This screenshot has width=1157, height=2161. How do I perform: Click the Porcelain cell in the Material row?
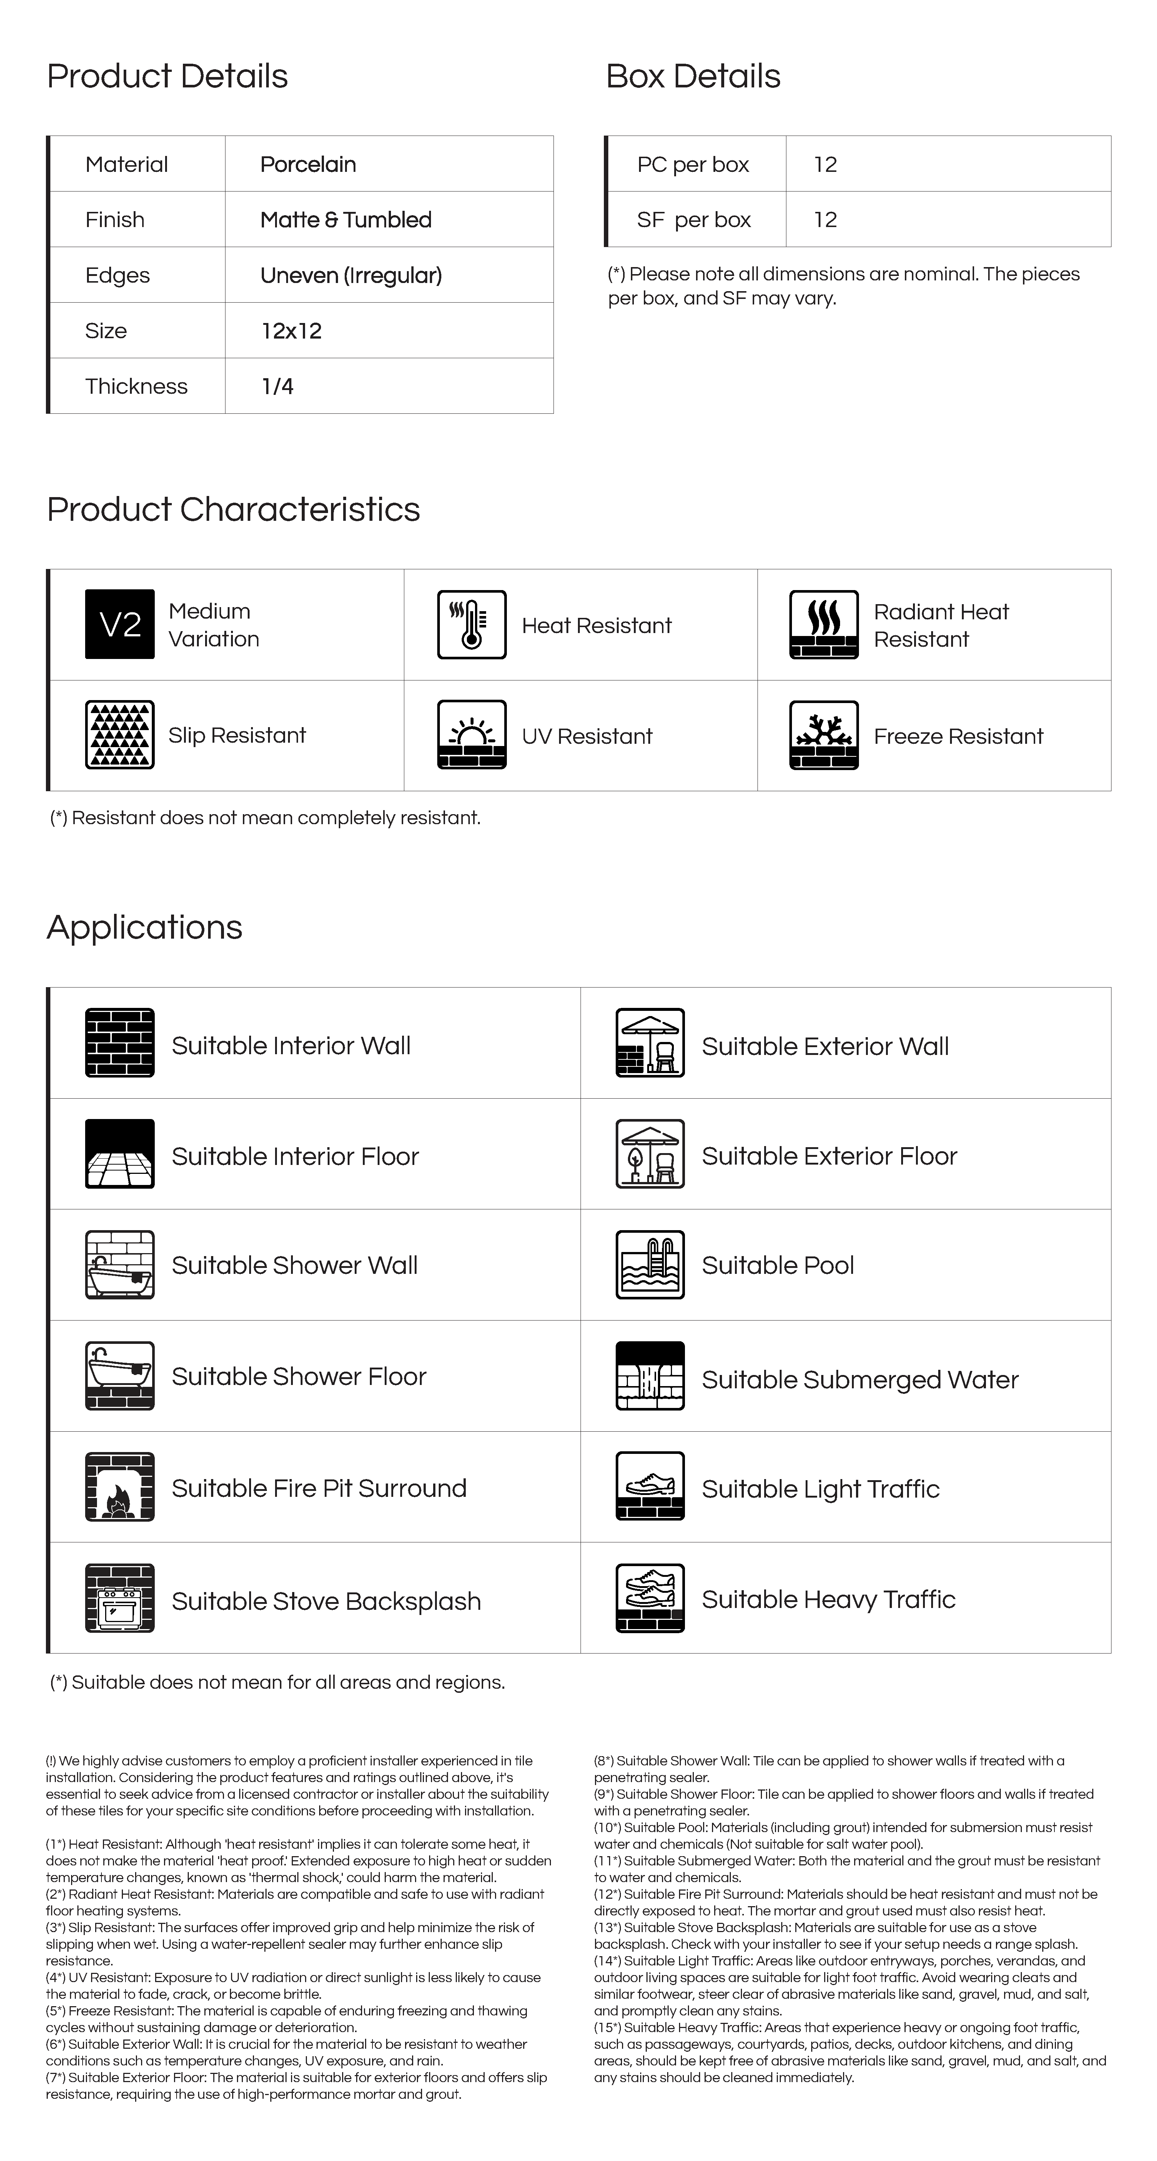(x=308, y=164)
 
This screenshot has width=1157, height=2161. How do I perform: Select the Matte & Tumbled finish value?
(x=345, y=220)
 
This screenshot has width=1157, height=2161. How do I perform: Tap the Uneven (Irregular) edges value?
(x=351, y=275)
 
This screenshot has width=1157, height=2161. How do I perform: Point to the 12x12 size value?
(x=291, y=330)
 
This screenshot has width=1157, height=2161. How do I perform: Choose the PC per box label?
(x=692, y=164)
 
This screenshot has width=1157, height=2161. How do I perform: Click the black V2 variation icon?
(x=120, y=624)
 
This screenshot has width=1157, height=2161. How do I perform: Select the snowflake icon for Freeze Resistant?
(x=823, y=735)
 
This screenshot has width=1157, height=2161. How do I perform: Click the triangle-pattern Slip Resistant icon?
(x=120, y=735)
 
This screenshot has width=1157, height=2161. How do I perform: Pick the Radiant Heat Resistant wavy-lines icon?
(x=823, y=624)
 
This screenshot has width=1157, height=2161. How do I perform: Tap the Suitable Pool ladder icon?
(x=650, y=1264)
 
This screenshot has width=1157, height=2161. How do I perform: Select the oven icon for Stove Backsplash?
(x=120, y=1598)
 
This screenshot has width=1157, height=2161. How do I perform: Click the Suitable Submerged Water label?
(x=859, y=1380)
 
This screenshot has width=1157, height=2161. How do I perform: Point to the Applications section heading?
(x=144, y=927)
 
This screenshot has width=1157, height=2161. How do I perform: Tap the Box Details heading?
(x=692, y=76)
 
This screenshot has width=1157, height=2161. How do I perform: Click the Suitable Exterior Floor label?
(x=828, y=1156)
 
